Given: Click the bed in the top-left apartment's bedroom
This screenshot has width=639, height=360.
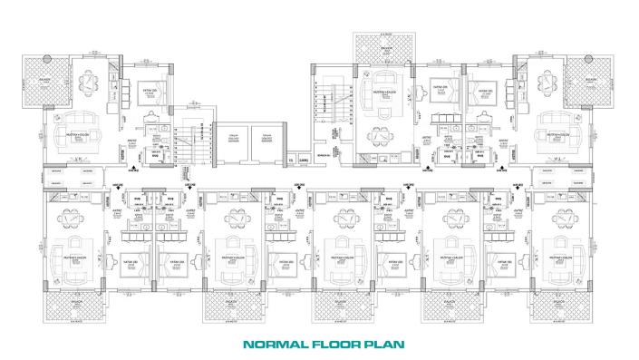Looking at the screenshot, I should coord(147,97).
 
